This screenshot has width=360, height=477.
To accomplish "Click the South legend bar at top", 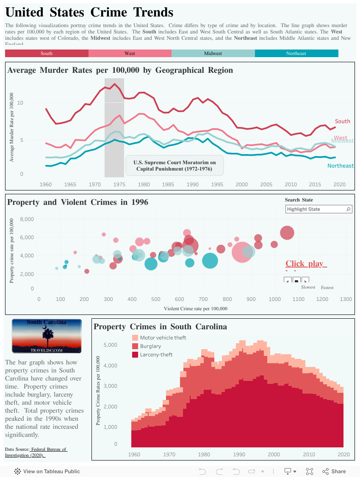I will (47, 53).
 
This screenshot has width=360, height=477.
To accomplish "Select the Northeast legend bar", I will (296, 53).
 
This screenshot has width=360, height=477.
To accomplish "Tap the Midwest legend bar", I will (213, 53).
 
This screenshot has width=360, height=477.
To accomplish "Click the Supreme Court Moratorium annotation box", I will (174, 165).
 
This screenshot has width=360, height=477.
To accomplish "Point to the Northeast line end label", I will (341, 165).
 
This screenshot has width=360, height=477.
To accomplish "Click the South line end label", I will (342, 121).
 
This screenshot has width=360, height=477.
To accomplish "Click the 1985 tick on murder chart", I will (168, 185).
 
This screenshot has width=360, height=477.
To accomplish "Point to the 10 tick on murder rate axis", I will (20, 103).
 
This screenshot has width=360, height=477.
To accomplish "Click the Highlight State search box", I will (318, 209).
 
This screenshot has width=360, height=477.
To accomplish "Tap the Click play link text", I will (304, 264).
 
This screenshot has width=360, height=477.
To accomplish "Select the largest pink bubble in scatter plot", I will (242, 252).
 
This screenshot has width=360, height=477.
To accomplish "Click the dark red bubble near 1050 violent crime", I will (287, 232).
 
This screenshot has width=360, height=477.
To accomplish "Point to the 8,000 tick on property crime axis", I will (26, 219).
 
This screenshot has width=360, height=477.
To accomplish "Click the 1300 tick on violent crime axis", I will (346, 299).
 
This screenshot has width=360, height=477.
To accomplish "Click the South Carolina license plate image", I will (47, 336).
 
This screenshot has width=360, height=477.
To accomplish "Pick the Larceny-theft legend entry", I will (156, 355).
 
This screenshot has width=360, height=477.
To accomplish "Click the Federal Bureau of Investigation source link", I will (36, 452).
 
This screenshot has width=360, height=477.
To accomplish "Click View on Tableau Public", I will (47, 471).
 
